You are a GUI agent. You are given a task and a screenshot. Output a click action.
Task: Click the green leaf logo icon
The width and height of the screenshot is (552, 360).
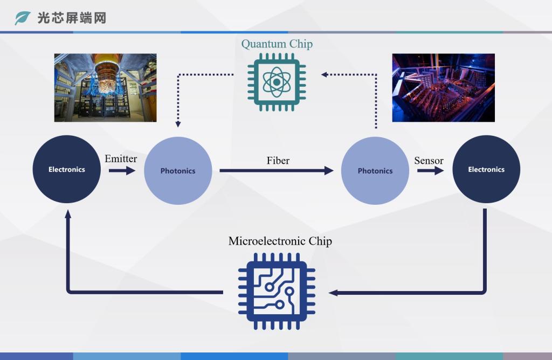pyautogui.click(x=22, y=18)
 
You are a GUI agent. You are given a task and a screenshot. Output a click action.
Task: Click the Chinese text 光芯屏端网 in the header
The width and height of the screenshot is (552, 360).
pyautogui.click(x=72, y=18)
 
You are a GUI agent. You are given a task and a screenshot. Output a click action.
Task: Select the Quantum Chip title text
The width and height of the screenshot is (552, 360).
pyautogui.click(x=277, y=44)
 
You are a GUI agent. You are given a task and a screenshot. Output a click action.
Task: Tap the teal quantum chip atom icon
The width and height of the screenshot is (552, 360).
pyautogui.click(x=277, y=82)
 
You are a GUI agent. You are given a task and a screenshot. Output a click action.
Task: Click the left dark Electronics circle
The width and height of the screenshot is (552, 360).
pyautogui.click(x=66, y=169)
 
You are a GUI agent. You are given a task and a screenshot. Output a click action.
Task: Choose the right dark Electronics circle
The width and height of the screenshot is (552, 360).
pyautogui.click(x=486, y=169)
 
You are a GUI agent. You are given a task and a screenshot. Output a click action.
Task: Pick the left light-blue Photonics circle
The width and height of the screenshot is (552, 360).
pyautogui.click(x=178, y=171)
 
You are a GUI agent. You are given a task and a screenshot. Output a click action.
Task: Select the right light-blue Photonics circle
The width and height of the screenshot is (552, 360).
pyautogui.click(x=375, y=171)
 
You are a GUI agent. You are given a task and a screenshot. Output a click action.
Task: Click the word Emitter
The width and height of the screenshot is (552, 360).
pyautogui.click(x=121, y=158)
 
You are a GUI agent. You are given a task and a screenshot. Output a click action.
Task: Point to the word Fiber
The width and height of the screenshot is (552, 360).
pyautogui.click(x=278, y=161)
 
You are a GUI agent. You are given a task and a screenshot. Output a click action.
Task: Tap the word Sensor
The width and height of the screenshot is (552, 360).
pyautogui.click(x=429, y=161)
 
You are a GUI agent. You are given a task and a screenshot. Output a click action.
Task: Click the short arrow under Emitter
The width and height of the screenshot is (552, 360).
pyautogui.click(x=122, y=171)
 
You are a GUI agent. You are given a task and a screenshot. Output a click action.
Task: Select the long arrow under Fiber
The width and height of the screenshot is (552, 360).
pyautogui.click(x=277, y=171)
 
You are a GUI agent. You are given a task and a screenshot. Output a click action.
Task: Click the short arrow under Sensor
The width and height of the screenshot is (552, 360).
pyautogui.click(x=431, y=171)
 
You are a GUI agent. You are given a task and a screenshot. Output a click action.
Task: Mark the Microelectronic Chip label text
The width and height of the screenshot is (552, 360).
pyautogui.click(x=280, y=241)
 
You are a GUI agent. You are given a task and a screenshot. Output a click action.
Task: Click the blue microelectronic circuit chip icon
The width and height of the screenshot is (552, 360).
pyautogui.click(x=277, y=292)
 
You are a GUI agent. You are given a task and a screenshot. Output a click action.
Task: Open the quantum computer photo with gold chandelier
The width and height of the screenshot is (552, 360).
pyautogui.click(x=105, y=88)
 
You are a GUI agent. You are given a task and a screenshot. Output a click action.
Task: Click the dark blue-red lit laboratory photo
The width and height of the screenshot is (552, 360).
pyautogui.click(x=443, y=88)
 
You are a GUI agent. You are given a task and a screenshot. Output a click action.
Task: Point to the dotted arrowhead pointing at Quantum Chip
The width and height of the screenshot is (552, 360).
pyautogui.click(x=324, y=74)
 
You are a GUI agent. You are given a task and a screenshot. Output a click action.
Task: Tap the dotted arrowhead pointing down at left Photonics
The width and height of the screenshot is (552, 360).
pyautogui.click(x=178, y=124)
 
